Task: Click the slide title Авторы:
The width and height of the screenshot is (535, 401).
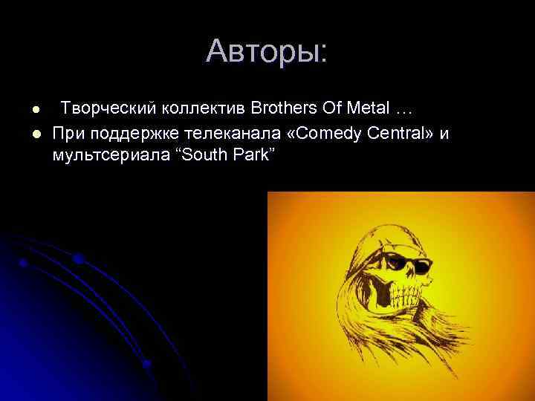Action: tap(267, 51)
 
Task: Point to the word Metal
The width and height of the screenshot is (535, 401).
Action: tap(369, 109)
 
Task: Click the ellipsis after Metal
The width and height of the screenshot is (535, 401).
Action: tap(403, 109)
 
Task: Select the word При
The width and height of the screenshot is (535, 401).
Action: tap(68, 133)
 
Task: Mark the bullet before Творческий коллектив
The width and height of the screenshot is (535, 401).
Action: tap(34, 110)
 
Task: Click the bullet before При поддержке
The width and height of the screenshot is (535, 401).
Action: tap(34, 134)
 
